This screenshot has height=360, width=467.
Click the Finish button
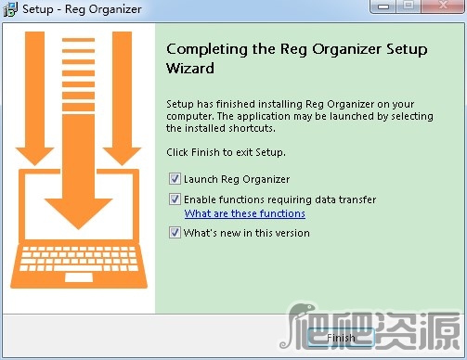[341, 338]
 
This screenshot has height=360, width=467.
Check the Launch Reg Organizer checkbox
[175, 179]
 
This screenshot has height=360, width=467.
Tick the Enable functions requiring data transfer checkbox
[175, 199]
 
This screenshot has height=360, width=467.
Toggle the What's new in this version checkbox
[175, 233]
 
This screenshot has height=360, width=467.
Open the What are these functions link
[244, 213]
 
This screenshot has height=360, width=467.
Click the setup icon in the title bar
[10, 9]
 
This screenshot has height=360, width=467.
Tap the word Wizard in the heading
[189, 68]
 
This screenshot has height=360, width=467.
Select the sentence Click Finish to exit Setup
[226, 151]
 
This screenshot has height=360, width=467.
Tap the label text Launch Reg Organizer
[237, 179]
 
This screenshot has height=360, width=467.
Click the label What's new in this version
[246, 233]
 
